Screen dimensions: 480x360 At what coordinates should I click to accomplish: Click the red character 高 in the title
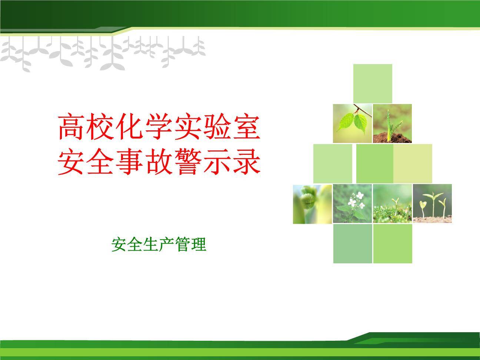[x=71, y=126]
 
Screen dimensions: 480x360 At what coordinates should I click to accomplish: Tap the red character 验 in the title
[x=217, y=126]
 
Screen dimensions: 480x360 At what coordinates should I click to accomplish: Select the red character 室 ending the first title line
[x=247, y=126]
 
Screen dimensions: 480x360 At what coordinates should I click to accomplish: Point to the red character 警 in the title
[x=188, y=161]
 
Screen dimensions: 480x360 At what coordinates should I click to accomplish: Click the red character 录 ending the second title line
[x=247, y=161]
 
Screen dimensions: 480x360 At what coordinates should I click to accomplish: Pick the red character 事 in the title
[x=129, y=161]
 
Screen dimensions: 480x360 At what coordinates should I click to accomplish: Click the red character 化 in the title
[x=129, y=126]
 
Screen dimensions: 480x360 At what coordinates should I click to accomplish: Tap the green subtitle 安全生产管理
[x=159, y=244]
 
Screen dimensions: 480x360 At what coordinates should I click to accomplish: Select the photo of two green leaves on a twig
[x=352, y=123]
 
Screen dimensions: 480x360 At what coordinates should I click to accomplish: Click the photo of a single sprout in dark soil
[x=392, y=123]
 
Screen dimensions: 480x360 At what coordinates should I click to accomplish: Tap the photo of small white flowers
[x=352, y=204]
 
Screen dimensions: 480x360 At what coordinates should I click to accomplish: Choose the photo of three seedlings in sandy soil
[x=432, y=203]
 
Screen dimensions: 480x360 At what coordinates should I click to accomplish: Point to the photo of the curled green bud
[x=312, y=204]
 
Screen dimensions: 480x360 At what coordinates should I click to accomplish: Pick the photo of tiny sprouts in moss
[x=392, y=204]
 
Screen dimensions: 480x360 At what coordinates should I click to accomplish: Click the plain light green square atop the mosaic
[x=373, y=83]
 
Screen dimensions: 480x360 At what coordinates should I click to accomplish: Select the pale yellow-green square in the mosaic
[x=413, y=163]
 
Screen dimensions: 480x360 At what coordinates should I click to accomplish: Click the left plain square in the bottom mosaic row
[x=353, y=244]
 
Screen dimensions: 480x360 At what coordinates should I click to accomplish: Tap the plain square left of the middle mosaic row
[x=333, y=163]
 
